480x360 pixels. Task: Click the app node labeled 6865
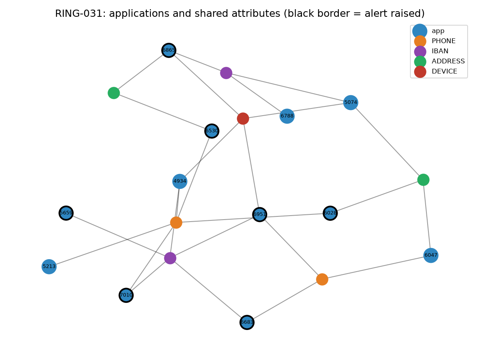pyautogui.click(x=169, y=50)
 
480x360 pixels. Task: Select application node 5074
pyautogui.click(x=350, y=102)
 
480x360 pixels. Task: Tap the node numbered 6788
pyautogui.click(x=287, y=116)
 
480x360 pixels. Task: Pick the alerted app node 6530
pyautogui.click(x=212, y=131)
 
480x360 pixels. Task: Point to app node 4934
pyautogui.click(x=180, y=181)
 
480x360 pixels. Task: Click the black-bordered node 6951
pyautogui.click(x=260, y=214)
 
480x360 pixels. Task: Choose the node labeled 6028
pyautogui.click(x=330, y=213)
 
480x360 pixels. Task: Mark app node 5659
pyautogui.click(x=66, y=213)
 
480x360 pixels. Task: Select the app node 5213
pyautogui.click(x=49, y=267)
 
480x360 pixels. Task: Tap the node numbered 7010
pyautogui.click(x=126, y=295)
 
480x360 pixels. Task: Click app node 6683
pyautogui.click(x=247, y=322)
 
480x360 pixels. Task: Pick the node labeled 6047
pyautogui.click(x=431, y=255)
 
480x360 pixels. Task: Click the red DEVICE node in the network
pyautogui.click(x=243, y=119)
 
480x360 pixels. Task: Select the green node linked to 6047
pyautogui.click(x=423, y=180)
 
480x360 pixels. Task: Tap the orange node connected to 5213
pyautogui.click(x=176, y=223)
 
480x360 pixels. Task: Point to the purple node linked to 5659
pyautogui.click(x=170, y=258)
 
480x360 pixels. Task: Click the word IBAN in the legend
pyautogui.click(x=440, y=51)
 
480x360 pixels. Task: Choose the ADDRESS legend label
pyautogui.click(x=448, y=61)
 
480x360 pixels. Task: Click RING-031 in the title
pyautogui.click(x=78, y=14)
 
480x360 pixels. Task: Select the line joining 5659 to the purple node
pyautogui.click(x=118, y=236)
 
